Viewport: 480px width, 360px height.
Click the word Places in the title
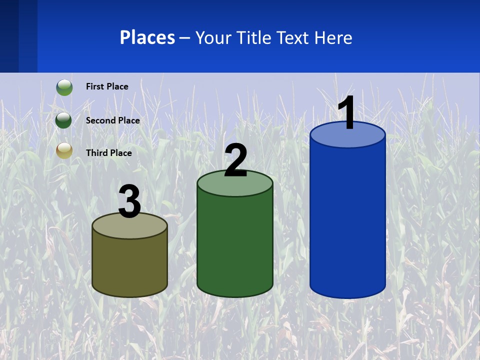[x=147, y=37]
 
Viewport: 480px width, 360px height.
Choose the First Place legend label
[x=107, y=86]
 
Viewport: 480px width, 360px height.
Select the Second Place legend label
[x=112, y=120]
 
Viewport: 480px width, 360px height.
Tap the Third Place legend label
[x=108, y=153]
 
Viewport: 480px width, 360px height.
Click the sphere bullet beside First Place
[x=64, y=87]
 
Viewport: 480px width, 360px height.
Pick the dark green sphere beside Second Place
[x=64, y=120]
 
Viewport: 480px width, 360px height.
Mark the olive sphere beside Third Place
[x=64, y=150]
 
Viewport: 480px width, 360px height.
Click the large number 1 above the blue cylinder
[x=346, y=112]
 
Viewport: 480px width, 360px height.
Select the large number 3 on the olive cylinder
[x=130, y=201]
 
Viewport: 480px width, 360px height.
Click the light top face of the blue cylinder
[x=347, y=138]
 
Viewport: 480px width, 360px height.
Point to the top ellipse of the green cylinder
[x=235, y=187]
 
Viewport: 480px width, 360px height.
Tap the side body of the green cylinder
[x=235, y=245]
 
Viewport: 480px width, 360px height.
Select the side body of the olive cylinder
[x=130, y=265]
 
